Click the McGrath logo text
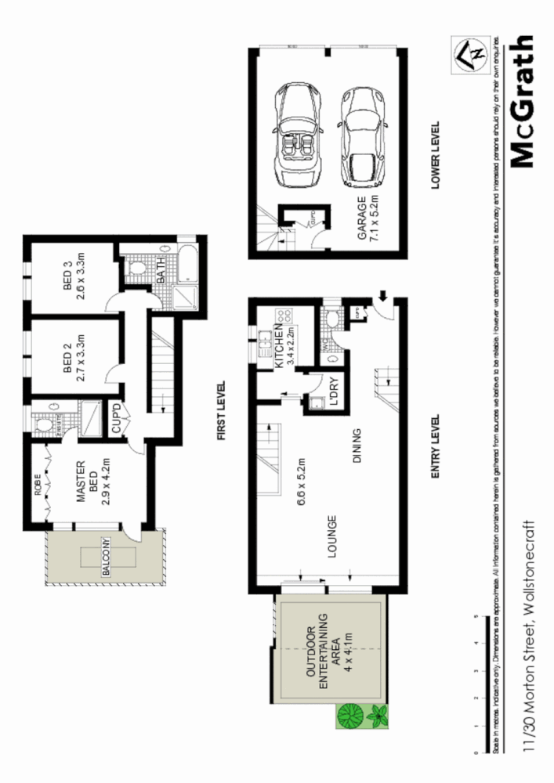(523, 101)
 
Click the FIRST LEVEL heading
(221, 410)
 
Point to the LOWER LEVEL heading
(435, 154)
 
